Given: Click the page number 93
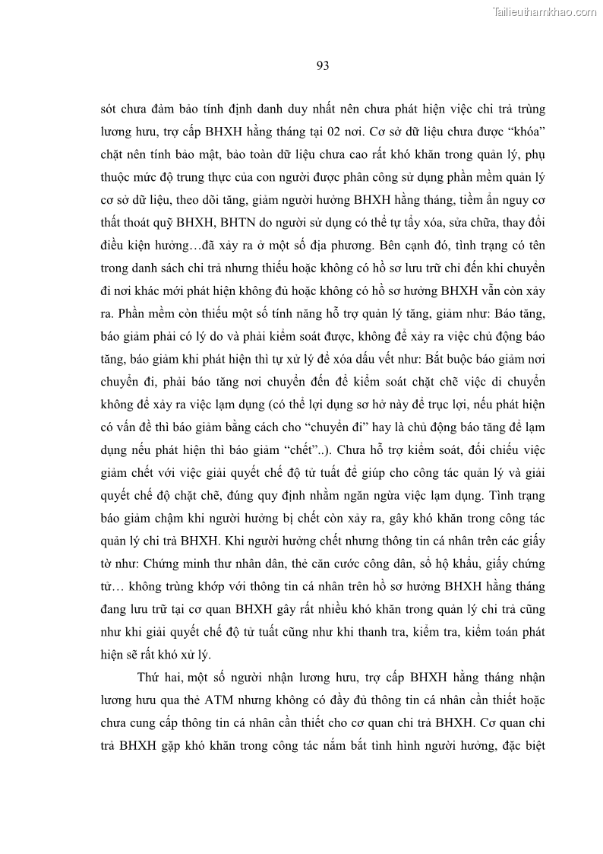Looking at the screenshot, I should point(321,65).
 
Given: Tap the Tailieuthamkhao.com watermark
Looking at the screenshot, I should point(545,12).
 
